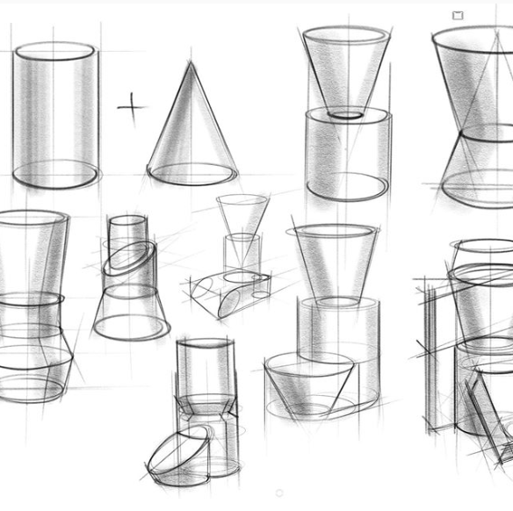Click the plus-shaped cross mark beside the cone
coord(132,107)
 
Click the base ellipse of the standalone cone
coord(191,174)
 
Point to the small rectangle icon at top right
coord(458,15)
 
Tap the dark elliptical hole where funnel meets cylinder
coord(347,114)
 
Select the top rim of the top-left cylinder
coord(55,51)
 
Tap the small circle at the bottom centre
coord(279,493)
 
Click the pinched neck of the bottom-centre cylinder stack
coord(206,406)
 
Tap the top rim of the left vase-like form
coord(33,217)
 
